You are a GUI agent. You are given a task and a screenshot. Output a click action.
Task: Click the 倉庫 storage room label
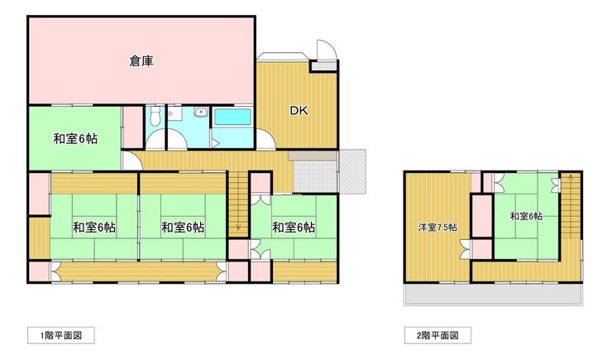tap(141, 61)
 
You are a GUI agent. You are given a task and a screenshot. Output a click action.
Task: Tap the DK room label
tap(299, 111)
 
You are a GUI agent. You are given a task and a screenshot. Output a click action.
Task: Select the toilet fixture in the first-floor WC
tap(155, 116)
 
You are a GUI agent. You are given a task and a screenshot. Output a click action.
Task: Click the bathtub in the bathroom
tap(232, 118)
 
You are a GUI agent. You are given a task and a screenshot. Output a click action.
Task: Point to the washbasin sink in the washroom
tap(201, 113)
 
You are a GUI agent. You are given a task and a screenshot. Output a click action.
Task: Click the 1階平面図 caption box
tap(61, 335)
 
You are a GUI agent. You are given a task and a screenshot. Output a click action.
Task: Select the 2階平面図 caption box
tap(437, 335)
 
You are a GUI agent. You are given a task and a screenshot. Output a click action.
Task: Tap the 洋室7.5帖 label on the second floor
tap(437, 228)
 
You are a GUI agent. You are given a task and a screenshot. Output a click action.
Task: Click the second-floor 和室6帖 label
tap(526, 216)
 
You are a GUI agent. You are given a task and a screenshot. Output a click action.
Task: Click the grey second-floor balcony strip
tap(494, 294)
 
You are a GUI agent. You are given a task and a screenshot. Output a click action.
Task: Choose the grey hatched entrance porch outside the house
tap(352, 171)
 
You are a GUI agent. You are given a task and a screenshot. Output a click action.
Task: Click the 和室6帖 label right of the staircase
tap(294, 228)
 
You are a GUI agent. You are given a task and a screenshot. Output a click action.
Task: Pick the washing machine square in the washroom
tap(175, 113)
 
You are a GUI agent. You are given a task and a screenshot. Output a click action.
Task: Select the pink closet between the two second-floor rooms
tap(482, 216)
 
